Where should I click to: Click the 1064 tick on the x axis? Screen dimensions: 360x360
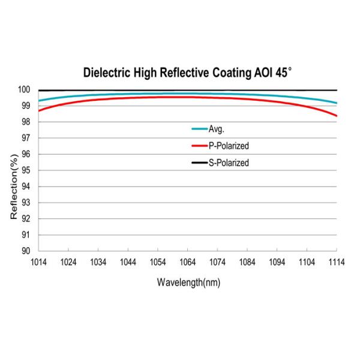pyautogui.click(x=187, y=262)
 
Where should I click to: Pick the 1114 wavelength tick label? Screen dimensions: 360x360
pyautogui.click(x=337, y=262)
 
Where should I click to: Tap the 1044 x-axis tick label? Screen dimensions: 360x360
pyautogui.click(x=128, y=262)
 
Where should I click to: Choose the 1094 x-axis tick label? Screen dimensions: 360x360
pyautogui.click(x=277, y=262)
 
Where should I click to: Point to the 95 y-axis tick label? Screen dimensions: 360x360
pyautogui.click(x=27, y=170)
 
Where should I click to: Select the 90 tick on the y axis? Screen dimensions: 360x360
pyautogui.click(x=27, y=251)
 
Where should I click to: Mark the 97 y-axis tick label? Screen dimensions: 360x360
pyautogui.click(x=27, y=138)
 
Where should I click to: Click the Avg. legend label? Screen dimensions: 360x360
pyautogui.click(x=217, y=128)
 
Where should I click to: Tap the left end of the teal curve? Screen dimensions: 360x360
pyautogui.click(x=39, y=101)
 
